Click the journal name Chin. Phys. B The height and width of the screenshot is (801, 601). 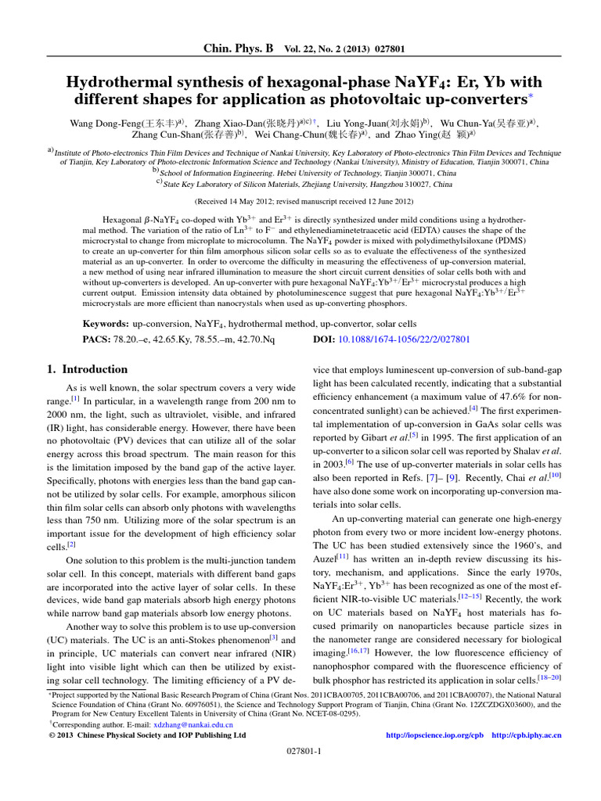tap(238, 48)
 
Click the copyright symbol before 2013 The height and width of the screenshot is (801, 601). tap(42, 735)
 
